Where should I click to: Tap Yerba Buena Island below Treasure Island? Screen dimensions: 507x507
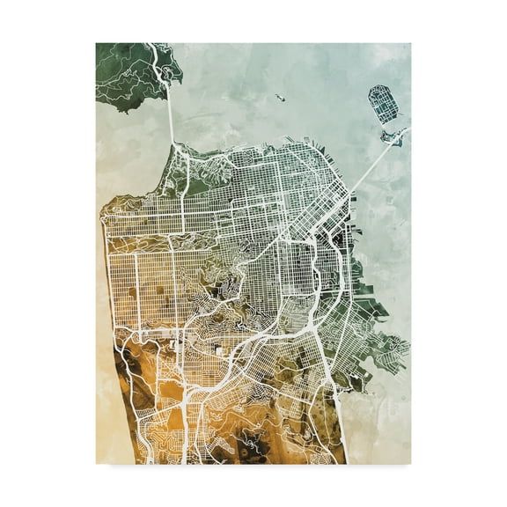point(391,136)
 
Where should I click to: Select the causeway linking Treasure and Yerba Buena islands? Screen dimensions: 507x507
point(386,124)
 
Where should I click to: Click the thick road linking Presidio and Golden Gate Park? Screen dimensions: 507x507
point(182,211)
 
